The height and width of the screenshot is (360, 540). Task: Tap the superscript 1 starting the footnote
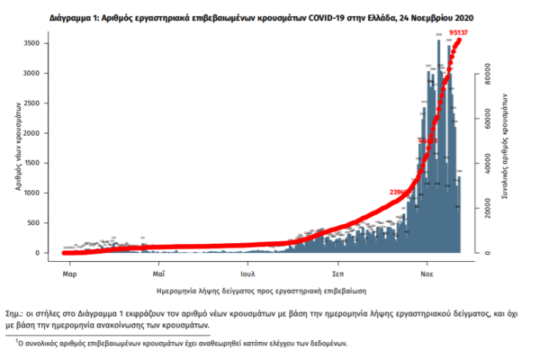(15, 339)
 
